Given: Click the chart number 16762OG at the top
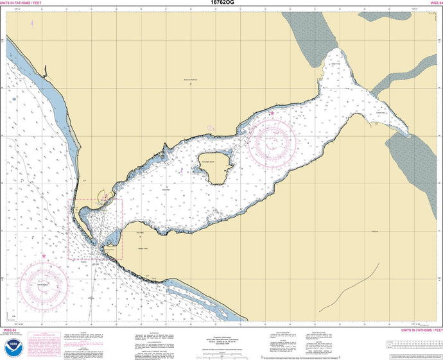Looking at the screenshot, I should click(x=221, y=3).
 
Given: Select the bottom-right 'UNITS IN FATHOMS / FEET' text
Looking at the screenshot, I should click(x=421, y=330).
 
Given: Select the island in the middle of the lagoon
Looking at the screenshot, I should click(x=214, y=167).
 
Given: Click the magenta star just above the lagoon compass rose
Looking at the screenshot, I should click(x=272, y=114).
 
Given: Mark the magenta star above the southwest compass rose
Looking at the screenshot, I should click(x=44, y=255).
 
